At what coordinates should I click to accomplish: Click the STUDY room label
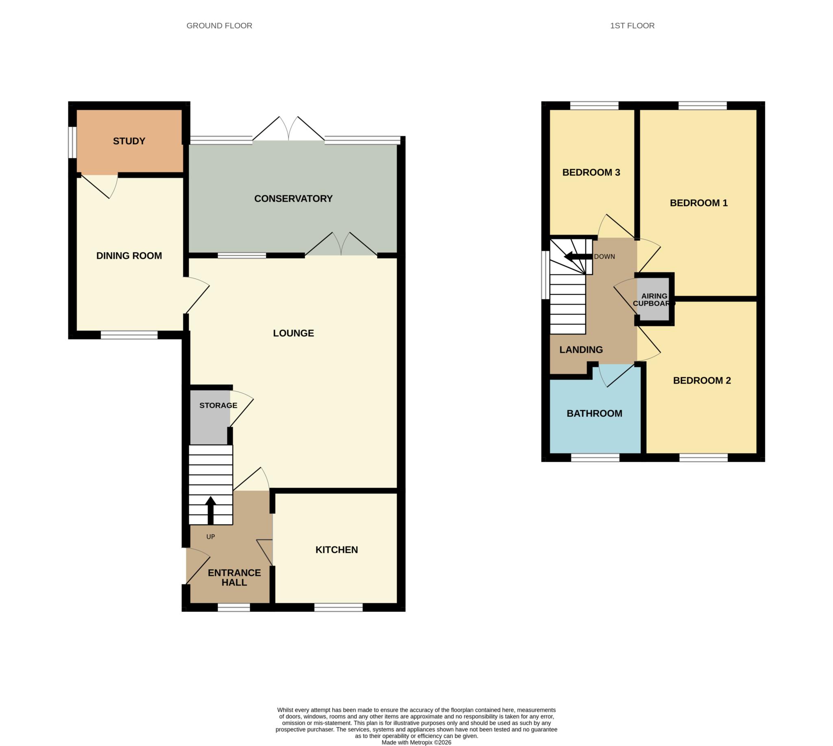[x=129, y=141]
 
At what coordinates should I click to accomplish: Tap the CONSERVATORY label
[x=293, y=198]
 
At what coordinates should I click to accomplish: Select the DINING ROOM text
[x=129, y=256]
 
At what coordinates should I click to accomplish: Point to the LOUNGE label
[x=293, y=333]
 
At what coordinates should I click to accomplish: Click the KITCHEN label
[x=336, y=550]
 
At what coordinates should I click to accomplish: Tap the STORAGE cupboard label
[x=218, y=405]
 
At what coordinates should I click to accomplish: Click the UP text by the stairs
[x=210, y=537]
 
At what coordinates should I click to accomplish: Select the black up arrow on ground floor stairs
[x=210, y=510]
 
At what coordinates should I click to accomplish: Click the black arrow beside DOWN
[x=578, y=257]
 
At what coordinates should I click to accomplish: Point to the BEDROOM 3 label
[x=591, y=172]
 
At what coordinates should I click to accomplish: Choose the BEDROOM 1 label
[x=698, y=203]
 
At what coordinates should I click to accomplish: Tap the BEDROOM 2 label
[x=702, y=381]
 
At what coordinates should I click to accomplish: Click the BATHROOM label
[x=594, y=413]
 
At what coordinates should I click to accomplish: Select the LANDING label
[x=581, y=350]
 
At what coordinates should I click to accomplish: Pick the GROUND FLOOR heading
[x=219, y=26]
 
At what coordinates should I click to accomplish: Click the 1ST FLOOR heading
[x=632, y=26]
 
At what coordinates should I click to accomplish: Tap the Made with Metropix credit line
[x=416, y=742]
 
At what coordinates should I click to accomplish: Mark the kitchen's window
[x=338, y=607]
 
